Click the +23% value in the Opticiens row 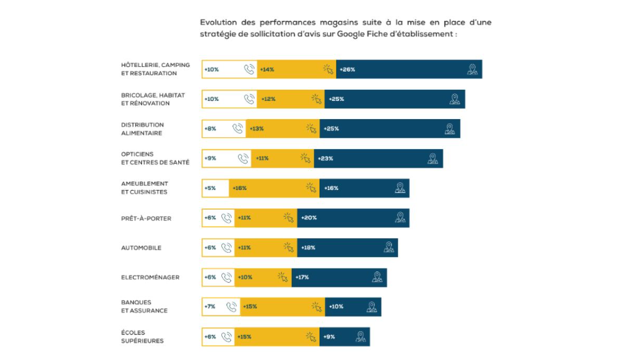click(325, 158)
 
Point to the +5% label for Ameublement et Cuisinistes click(210, 188)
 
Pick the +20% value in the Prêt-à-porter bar click(308, 218)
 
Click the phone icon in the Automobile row click(226, 247)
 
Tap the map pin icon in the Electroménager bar click(377, 277)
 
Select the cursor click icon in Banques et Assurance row click(316, 307)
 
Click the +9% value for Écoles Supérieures click(329, 337)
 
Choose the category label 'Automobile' click(141, 247)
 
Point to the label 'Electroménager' click(150, 277)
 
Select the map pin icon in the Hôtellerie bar click(472, 69)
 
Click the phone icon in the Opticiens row click(242, 158)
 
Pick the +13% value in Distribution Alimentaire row click(256, 129)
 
